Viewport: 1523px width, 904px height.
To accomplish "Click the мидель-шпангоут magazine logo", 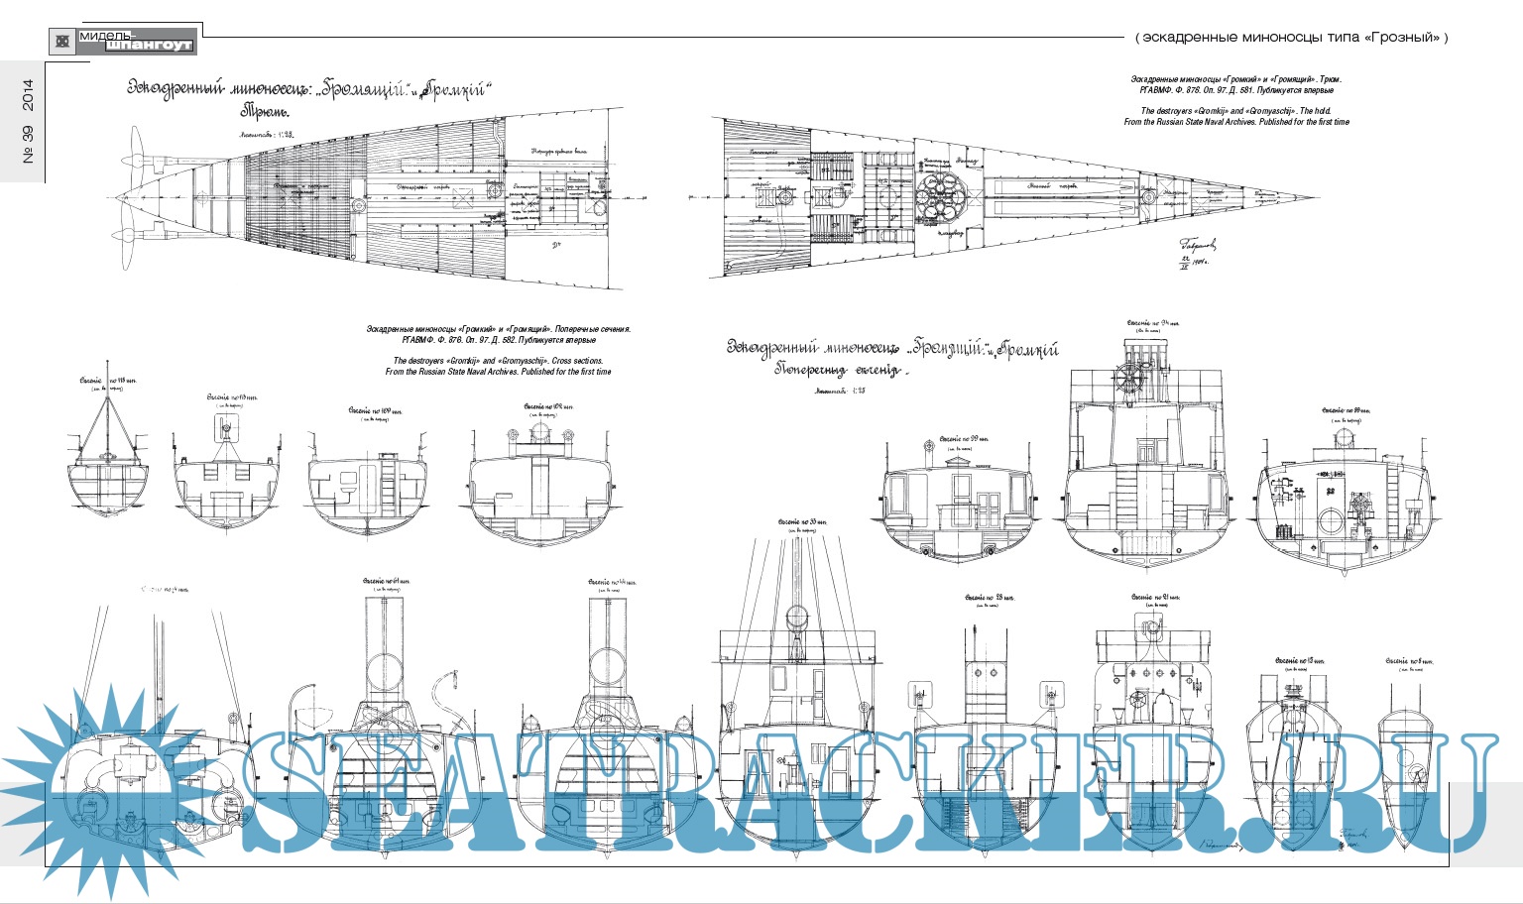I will click(x=124, y=41).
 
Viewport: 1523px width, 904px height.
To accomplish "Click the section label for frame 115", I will click(x=104, y=380).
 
